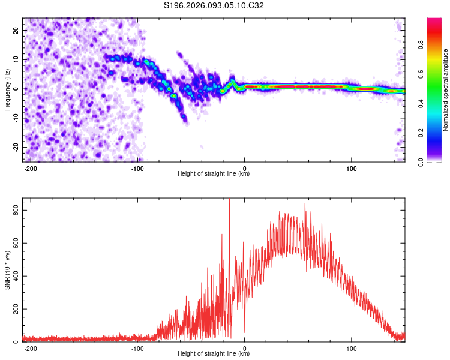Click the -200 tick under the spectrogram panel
(x=31, y=168)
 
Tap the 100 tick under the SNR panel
(x=351, y=348)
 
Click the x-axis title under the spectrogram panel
(x=214, y=174)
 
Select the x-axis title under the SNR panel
(x=214, y=354)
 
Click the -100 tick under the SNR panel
(x=137, y=348)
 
